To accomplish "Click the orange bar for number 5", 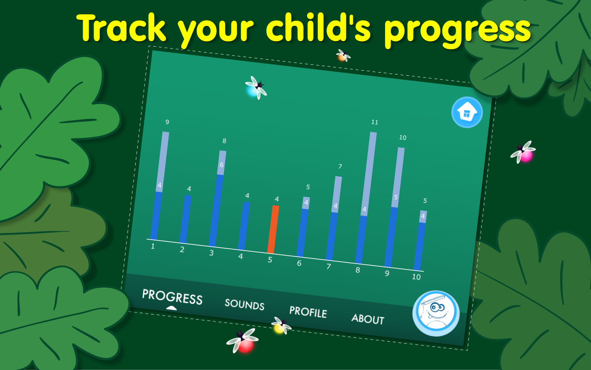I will pyautogui.click(x=273, y=229).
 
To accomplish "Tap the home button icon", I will pyautogui.click(x=467, y=112).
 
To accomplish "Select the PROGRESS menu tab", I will pyautogui.click(x=172, y=297).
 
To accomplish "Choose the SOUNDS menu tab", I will pyautogui.click(x=244, y=304).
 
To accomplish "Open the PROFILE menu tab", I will pyautogui.click(x=308, y=312).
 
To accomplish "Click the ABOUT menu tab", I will pyautogui.click(x=368, y=319).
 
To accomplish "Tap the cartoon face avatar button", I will pyautogui.click(x=436, y=313).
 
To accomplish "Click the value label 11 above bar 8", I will pyautogui.click(x=374, y=123).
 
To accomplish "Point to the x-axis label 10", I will pyautogui.click(x=416, y=277).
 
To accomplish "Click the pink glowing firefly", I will pyautogui.click(x=525, y=154).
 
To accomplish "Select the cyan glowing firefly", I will pyautogui.click(x=254, y=89).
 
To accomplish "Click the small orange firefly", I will pyautogui.click(x=343, y=56).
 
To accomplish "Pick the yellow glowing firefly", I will pyautogui.click(x=280, y=327).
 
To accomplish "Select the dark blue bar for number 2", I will pyautogui.click(x=185, y=219).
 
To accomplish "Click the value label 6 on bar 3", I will pyautogui.click(x=221, y=165).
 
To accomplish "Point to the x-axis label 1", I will pyautogui.click(x=153, y=247).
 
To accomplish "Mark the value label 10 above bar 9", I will pyautogui.click(x=403, y=138).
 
